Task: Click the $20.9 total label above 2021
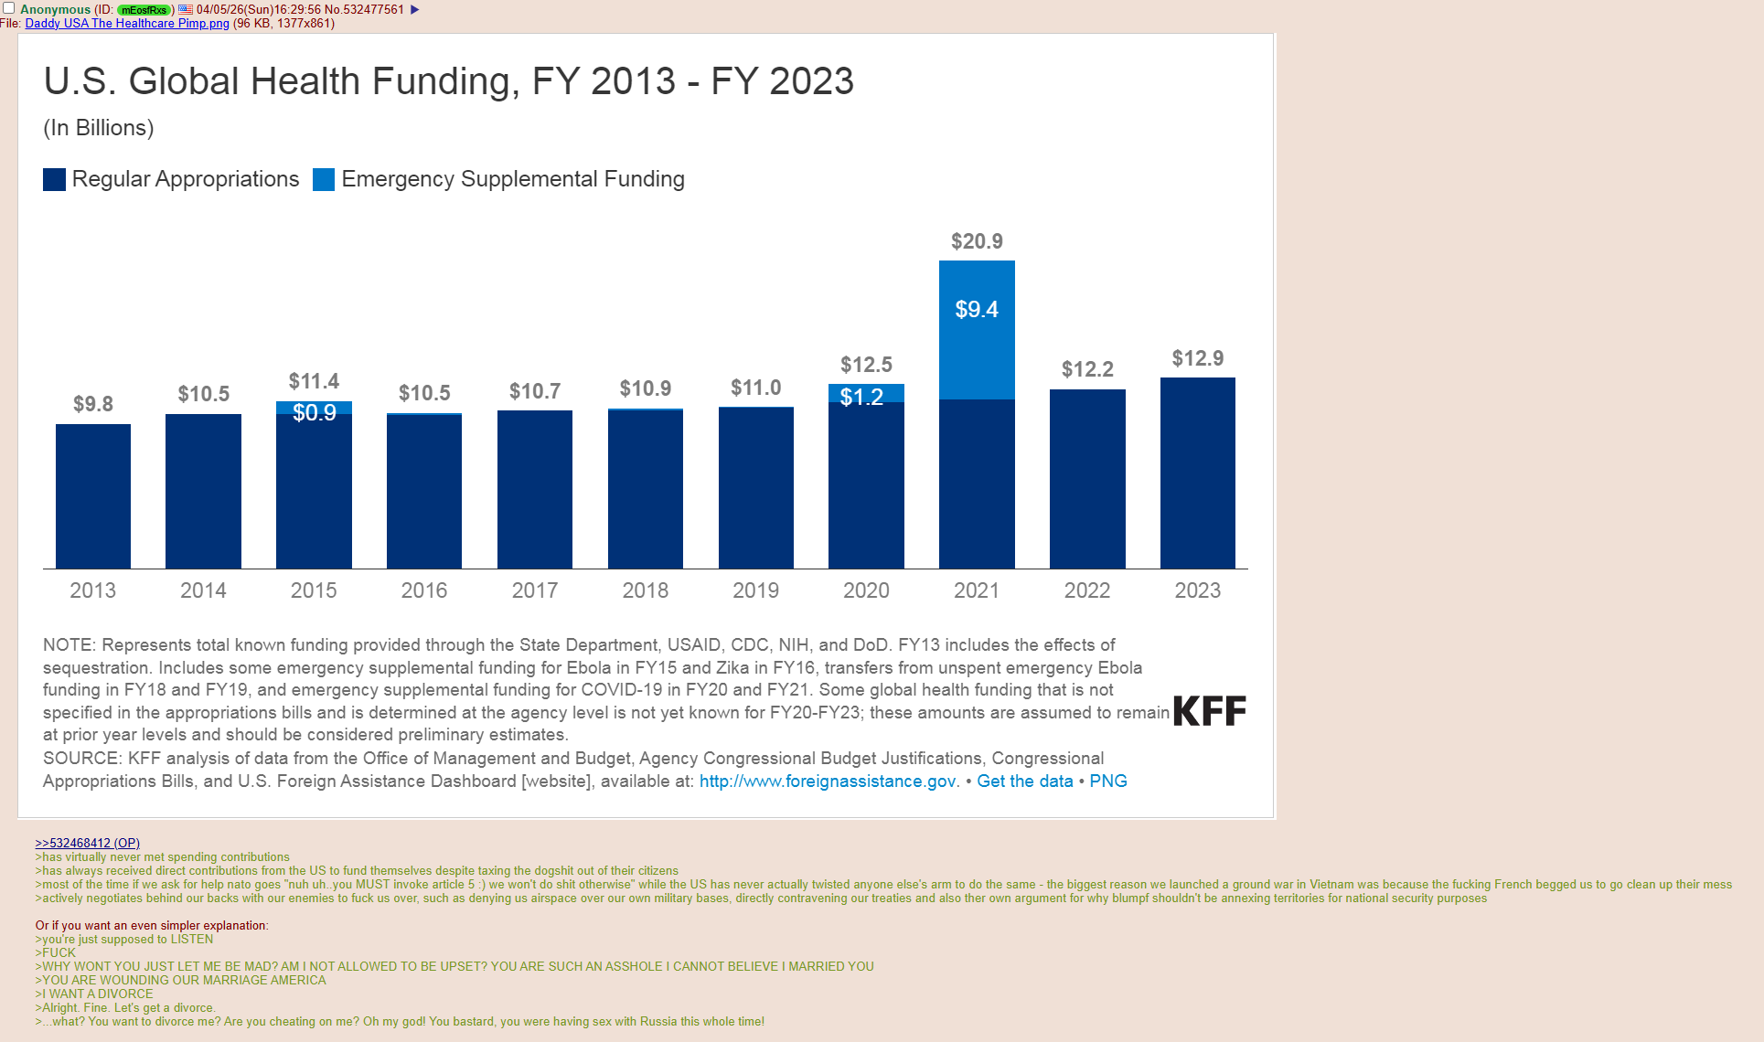coord(977,241)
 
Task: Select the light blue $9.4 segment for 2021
coord(977,329)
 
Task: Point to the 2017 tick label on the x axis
coord(535,590)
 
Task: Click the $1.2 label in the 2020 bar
coord(861,397)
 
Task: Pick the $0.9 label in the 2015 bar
coord(315,412)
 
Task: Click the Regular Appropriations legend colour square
coord(54,179)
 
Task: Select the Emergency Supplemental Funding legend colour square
coord(324,179)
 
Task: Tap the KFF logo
coord(1209,711)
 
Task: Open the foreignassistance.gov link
coord(829,781)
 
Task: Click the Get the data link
coord(1024,781)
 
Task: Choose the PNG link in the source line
coord(1107,781)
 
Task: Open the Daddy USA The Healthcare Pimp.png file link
coord(127,24)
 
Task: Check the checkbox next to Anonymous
coord(9,8)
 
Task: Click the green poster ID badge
coord(144,10)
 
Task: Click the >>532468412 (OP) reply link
coord(87,843)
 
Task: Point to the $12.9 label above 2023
coord(1197,358)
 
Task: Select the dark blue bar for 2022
coord(1087,479)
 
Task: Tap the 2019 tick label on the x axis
coord(755,590)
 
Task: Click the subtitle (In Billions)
coord(99,128)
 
